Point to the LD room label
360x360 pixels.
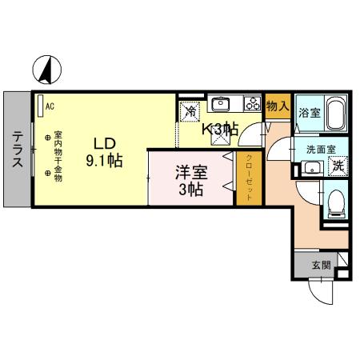pyautogui.click(x=105, y=143)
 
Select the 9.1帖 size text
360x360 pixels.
pyautogui.click(x=104, y=160)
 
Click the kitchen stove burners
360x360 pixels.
pyautogui.click(x=252, y=103)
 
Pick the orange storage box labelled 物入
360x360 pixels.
pyautogui.click(x=277, y=106)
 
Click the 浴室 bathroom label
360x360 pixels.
pyautogui.click(x=309, y=114)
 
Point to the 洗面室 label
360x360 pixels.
pyautogui.click(x=320, y=149)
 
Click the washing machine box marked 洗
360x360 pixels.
pyautogui.click(x=338, y=166)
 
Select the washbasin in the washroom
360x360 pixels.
pyautogui.click(x=311, y=167)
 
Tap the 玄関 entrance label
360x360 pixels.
pyautogui.click(x=321, y=265)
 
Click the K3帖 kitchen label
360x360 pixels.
pyautogui.click(x=218, y=128)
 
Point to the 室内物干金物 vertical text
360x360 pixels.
pyautogui.click(x=58, y=157)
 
